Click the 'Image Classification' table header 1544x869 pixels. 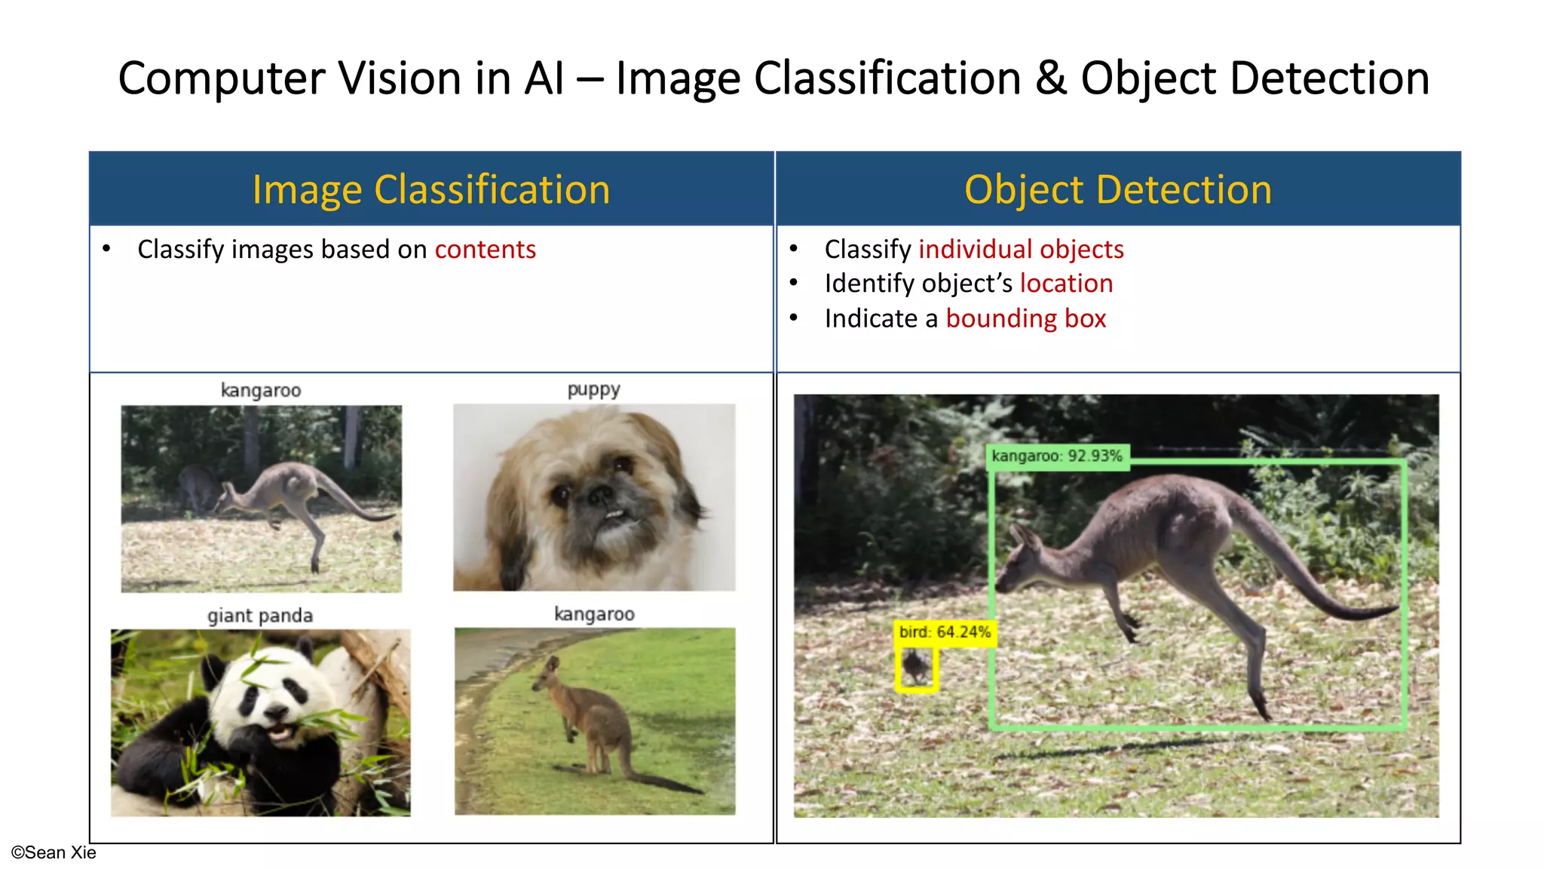coord(430,189)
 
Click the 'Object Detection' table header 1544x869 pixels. coord(1117,189)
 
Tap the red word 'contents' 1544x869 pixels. coord(485,250)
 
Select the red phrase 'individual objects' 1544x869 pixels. coord(1021,250)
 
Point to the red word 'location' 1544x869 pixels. coord(1066,284)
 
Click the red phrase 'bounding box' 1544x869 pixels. coord(1025,318)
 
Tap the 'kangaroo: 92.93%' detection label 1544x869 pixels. coord(1057,456)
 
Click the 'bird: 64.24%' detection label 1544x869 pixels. coord(945,632)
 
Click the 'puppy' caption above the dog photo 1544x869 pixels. coord(593,389)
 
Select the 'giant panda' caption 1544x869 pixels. coord(260,616)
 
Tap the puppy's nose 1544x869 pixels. coord(600,496)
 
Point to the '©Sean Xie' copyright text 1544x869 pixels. coord(54,852)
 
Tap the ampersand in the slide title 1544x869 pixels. coord(1051,78)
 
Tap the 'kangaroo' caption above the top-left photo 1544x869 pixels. coord(261,390)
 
